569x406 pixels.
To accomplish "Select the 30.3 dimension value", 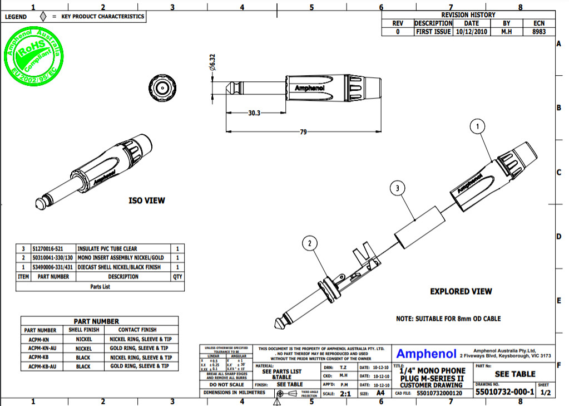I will (x=254, y=112).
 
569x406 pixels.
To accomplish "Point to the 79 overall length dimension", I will (x=304, y=132).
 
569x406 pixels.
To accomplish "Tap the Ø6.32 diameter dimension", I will (x=212, y=62).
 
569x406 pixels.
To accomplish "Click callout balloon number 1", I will (x=477, y=127).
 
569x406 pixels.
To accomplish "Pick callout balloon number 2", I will (x=310, y=243).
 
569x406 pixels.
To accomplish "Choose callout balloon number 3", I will (x=397, y=188).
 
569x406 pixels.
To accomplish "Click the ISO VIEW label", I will (x=147, y=200).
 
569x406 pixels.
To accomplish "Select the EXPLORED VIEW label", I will (x=461, y=291).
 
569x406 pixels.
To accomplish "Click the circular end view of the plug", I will (x=161, y=87).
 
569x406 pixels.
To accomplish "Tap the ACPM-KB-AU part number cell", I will (x=42, y=366).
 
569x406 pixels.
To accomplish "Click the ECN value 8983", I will (x=538, y=32).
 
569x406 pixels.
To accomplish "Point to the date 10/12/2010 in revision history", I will (x=471, y=32).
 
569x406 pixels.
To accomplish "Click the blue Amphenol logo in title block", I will (x=426, y=354).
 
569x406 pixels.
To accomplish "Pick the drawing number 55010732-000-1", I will (x=504, y=393).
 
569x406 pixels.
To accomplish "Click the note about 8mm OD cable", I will (x=448, y=319).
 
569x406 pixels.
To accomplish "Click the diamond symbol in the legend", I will (x=43, y=16).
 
